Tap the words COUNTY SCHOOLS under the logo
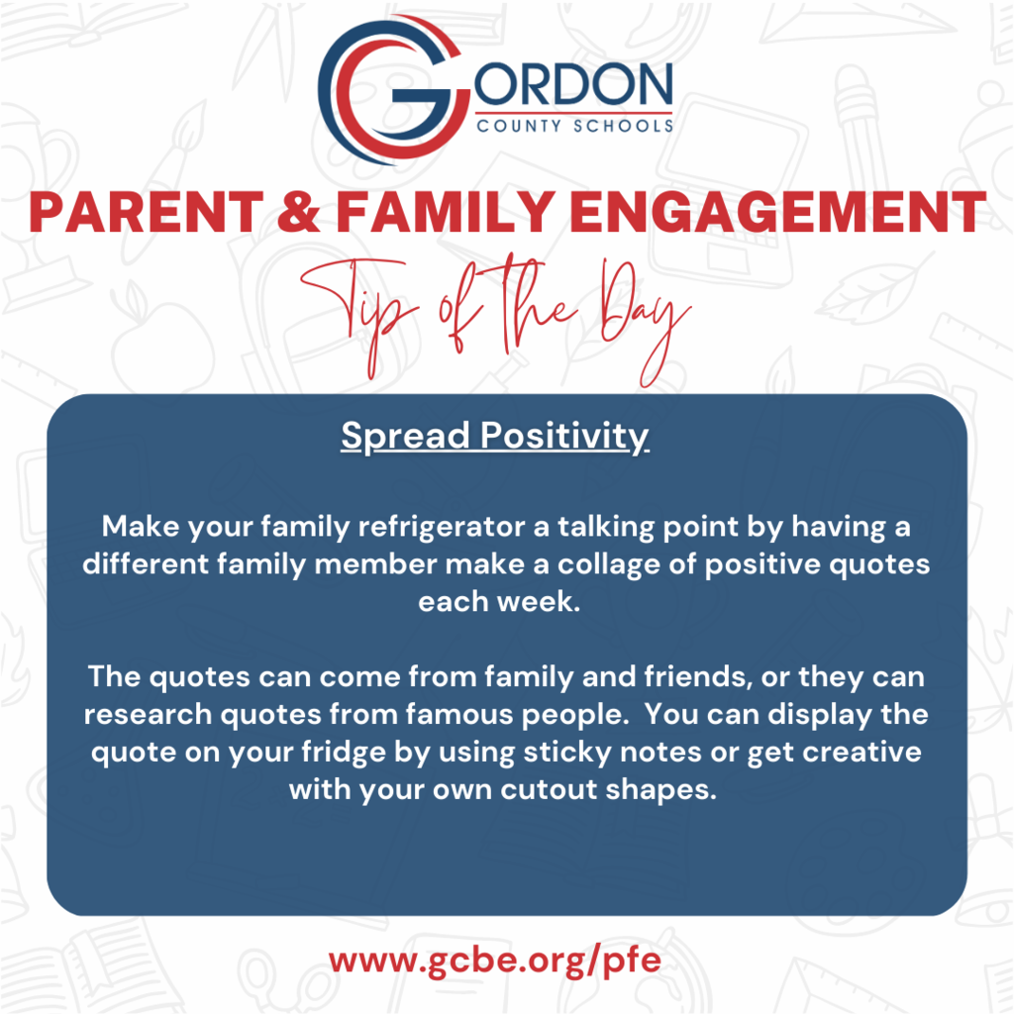point(575,126)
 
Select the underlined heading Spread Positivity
point(495,437)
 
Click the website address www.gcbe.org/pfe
point(495,961)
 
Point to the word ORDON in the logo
point(573,84)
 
